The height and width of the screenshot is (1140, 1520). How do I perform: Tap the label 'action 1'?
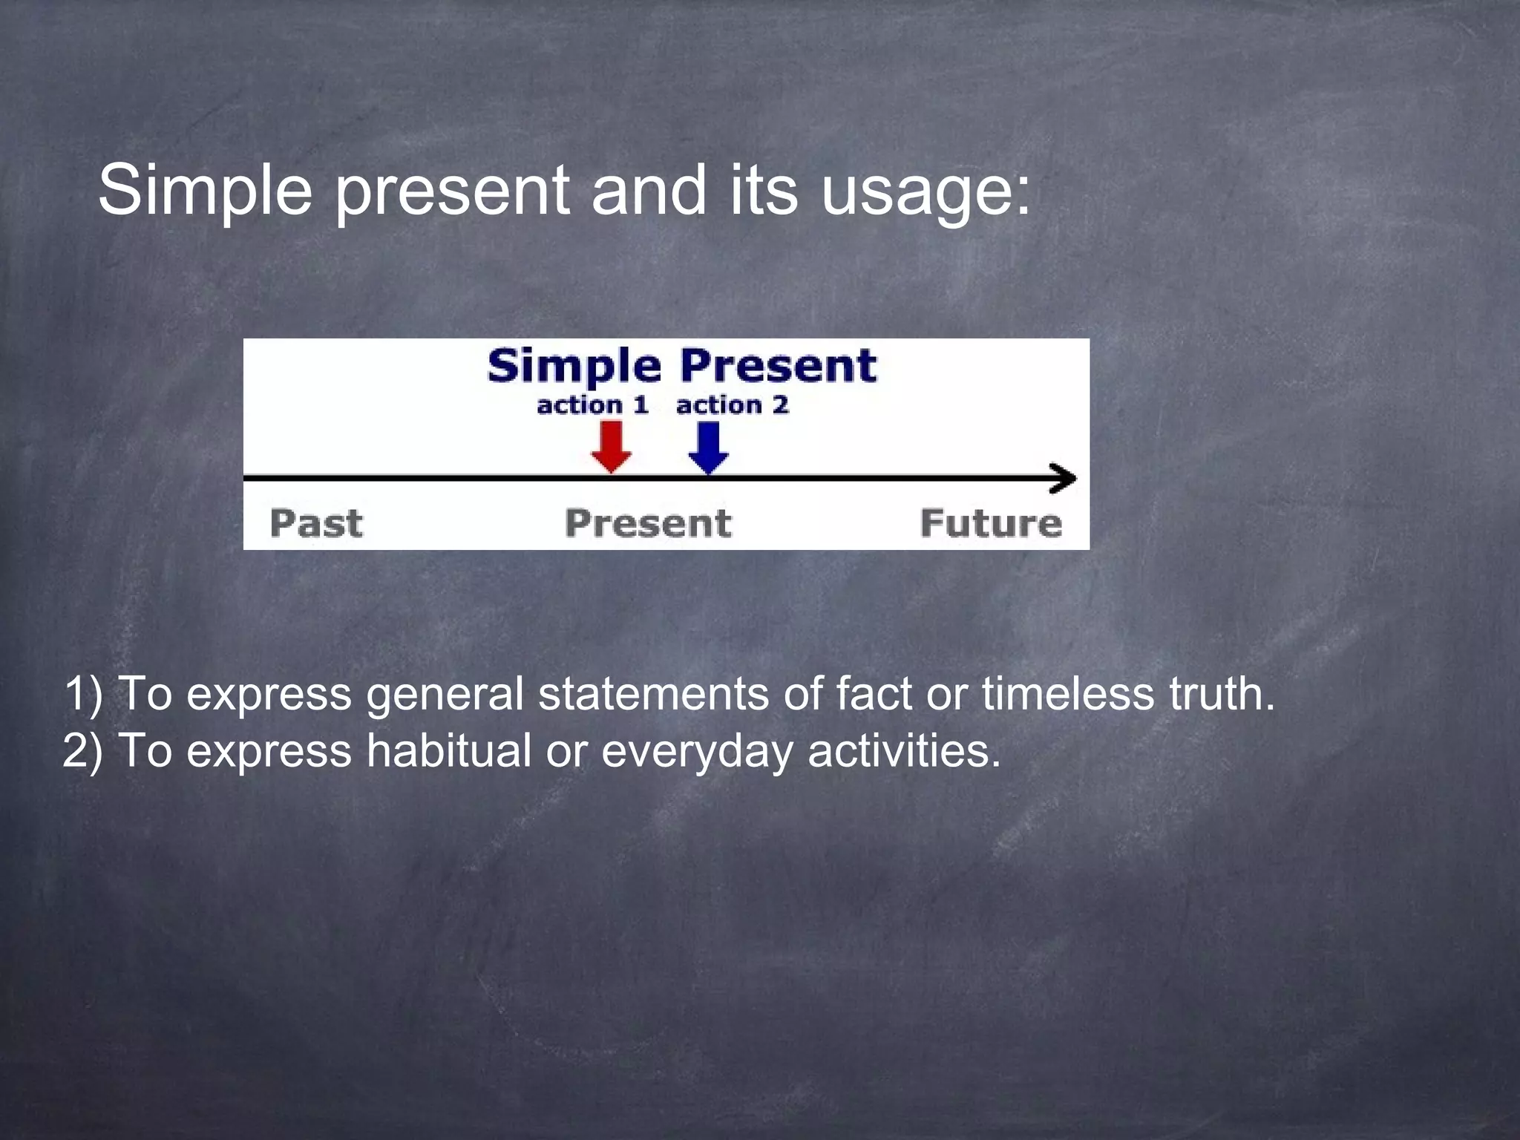(592, 405)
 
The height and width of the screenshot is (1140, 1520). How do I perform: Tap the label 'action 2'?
(732, 405)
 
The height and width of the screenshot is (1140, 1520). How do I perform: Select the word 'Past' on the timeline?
(316, 523)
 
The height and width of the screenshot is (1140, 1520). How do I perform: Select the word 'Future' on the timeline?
(991, 523)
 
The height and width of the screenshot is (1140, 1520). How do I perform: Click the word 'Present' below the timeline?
(648, 523)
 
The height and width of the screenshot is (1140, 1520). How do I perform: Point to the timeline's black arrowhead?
(1064, 479)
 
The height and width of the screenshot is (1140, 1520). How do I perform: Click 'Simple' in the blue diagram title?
(574, 367)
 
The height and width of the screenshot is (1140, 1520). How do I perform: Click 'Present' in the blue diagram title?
(779, 367)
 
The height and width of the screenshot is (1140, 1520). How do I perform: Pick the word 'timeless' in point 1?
(1068, 694)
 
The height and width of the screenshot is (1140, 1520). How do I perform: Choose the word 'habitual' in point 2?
(449, 750)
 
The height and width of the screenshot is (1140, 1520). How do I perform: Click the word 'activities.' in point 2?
(904, 750)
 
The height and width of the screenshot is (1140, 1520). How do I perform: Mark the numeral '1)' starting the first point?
(84, 695)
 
